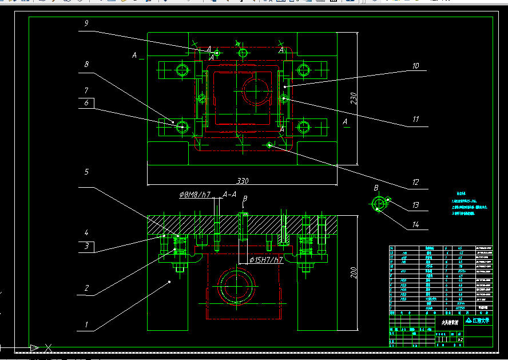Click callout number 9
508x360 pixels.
pos(86,23)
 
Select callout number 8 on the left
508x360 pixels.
pos(86,65)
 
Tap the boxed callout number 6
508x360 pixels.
pos(86,103)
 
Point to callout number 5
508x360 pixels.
pos(86,172)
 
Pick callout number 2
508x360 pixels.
pos(86,288)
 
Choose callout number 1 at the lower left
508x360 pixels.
pos(86,325)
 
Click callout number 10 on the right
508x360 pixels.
pos(415,66)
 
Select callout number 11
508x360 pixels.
pos(416,120)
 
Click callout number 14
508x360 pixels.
pos(416,225)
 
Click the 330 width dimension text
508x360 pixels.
pos(243,181)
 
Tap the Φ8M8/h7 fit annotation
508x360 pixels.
pos(195,195)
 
